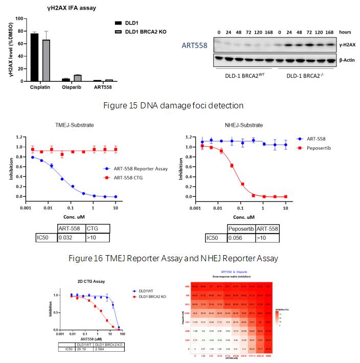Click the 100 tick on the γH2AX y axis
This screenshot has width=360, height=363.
click(x=20, y=19)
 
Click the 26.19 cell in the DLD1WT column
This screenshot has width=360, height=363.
click(x=83, y=349)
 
